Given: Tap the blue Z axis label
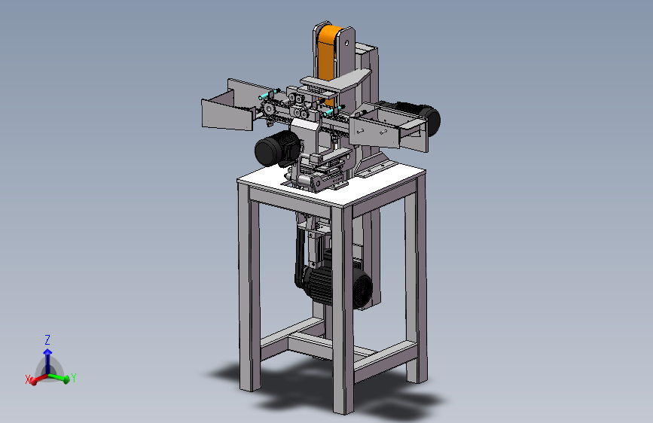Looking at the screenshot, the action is (47, 339).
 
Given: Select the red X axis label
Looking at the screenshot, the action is (28, 379).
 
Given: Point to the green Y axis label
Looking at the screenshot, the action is (74, 378).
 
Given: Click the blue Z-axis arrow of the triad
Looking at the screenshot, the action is (47, 361).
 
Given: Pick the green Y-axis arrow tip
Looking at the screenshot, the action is (66, 379).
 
